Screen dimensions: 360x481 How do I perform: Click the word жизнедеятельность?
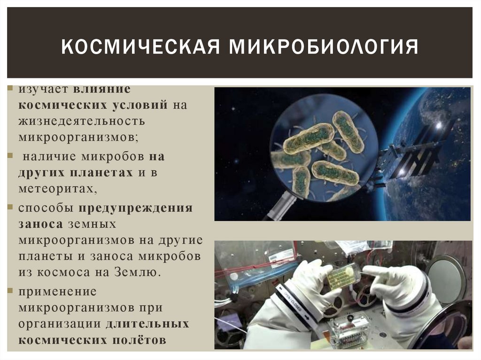click(x=82, y=121)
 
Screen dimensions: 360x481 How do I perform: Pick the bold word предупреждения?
click(x=135, y=208)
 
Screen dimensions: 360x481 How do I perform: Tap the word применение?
click(x=58, y=291)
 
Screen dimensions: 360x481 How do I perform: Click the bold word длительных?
click(x=147, y=324)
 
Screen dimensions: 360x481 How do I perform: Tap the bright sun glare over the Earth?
click(x=439, y=125)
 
